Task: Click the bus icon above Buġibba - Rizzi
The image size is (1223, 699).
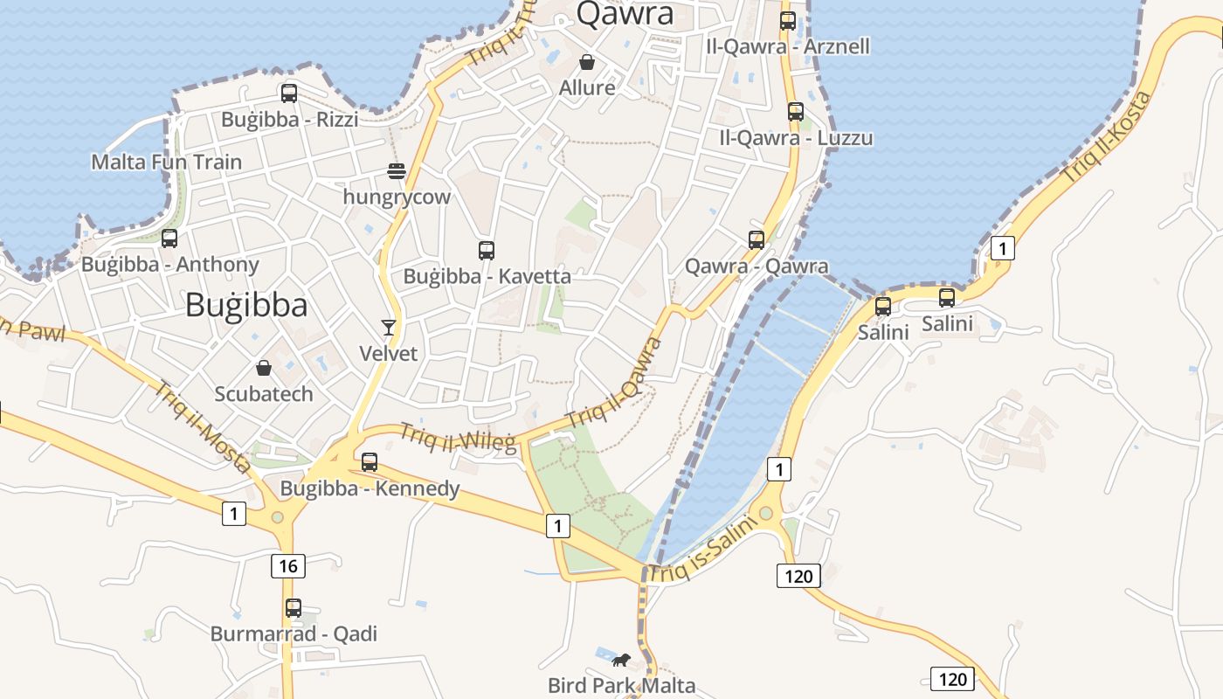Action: [x=289, y=93]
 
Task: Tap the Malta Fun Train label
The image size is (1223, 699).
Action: [x=167, y=162]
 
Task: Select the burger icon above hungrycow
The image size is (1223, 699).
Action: [x=396, y=170]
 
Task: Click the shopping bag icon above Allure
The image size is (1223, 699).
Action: [x=587, y=62]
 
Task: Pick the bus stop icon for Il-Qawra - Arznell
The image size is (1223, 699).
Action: [x=788, y=21]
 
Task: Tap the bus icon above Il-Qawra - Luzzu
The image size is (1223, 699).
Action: [x=796, y=112]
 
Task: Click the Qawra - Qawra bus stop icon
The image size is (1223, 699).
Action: [x=757, y=239]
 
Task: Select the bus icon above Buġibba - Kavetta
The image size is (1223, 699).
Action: [x=487, y=251]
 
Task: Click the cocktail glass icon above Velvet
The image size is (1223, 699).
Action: [x=389, y=328]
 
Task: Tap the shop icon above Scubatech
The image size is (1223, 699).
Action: [x=264, y=368]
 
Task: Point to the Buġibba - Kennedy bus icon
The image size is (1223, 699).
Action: [x=370, y=462]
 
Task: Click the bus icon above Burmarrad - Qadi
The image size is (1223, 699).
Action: [x=294, y=608]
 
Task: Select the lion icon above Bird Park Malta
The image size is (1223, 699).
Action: [x=621, y=660]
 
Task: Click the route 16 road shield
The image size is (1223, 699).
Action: [x=288, y=566]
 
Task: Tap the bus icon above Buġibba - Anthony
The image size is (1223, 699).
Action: [x=169, y=239]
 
